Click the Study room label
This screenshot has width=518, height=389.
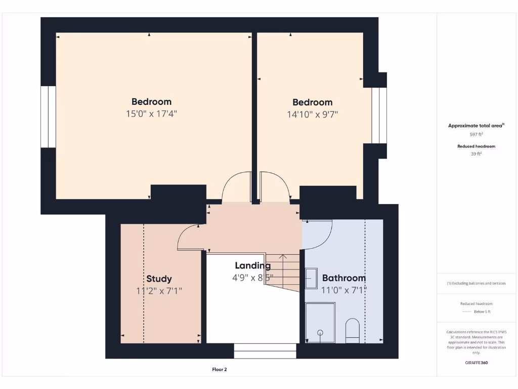pyautogui.click(x=159, y=279)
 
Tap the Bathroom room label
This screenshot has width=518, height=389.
pyautogui.click(x=344, y=278)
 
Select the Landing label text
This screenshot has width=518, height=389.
pyautogui.click(x=253, y=265)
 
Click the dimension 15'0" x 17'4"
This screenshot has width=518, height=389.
pyautogui.click(x=151, y=114)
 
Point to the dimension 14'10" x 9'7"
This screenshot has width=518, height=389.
pyautogui.click(x=313, y=114)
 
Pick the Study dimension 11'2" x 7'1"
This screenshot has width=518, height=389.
pyautogui.click(x=159, y=291)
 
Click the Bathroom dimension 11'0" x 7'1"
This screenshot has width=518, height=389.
pyautogui.click(x=344, y=290)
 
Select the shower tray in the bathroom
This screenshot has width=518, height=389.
pyautogui.click(x=320, y=322)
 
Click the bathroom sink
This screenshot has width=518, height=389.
pyautogui.click(x=311, y=279)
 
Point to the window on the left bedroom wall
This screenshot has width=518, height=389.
pyautogui.click(x=48, y=116)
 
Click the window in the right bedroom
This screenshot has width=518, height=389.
pyautogui.click(x=379, y=115)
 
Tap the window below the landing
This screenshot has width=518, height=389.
pyautogui.click(x=265, y=351)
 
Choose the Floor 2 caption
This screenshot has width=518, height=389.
pyautogui.click(x=220, y=370)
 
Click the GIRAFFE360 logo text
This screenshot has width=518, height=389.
pyautogui.click(x=476, y=363)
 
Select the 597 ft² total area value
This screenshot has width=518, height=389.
pyautogui.click(x=476, y=134)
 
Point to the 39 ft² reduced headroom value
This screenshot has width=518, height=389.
pyautogui.click(x=476, y=153)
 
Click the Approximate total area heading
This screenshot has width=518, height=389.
pyautogui.click(x=476, y=126)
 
